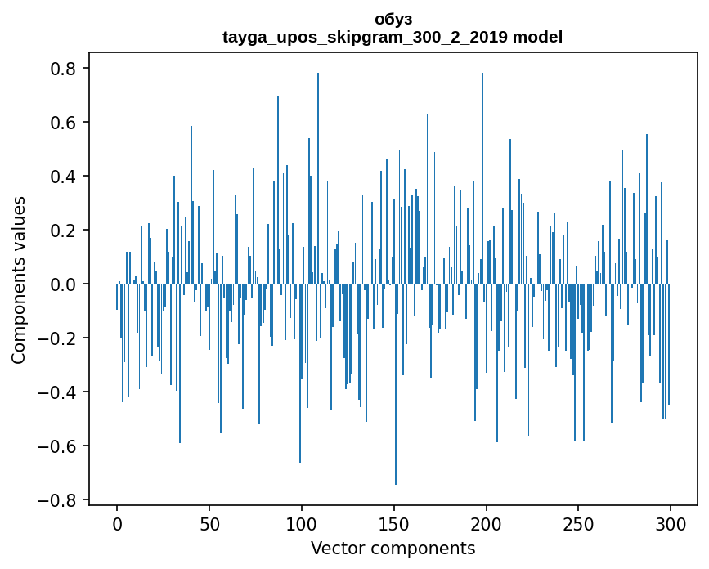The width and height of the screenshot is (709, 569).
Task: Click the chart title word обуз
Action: (x=393, y=19)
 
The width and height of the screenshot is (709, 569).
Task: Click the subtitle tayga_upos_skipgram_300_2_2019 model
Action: (x=393, y=37)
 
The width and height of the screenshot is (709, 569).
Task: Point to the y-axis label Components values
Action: (x=18, y=280)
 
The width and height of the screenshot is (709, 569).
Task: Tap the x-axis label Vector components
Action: (x=393, y=548)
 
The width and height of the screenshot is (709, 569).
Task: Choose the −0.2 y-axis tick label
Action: (x=59, y=338)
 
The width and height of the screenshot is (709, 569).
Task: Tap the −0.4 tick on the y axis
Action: (x=59, y=392)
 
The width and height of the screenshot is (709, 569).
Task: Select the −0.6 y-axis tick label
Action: (x=59, y=446)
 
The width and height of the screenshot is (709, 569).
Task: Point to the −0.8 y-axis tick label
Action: (x=59, y=500)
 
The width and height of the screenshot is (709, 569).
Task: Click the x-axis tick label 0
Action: (x=117, y=523)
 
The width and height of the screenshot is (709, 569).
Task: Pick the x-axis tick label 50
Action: (x=209, y=523)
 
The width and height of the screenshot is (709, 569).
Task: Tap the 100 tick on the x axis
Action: (x=302, y=523)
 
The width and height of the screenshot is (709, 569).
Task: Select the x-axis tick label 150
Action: (x=394, y=523)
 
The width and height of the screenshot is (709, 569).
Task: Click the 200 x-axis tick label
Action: (x=487, y=523)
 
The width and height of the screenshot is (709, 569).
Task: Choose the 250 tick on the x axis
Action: (x=579, y=523)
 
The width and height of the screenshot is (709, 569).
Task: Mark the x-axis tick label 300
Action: (x=671, y=523)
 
